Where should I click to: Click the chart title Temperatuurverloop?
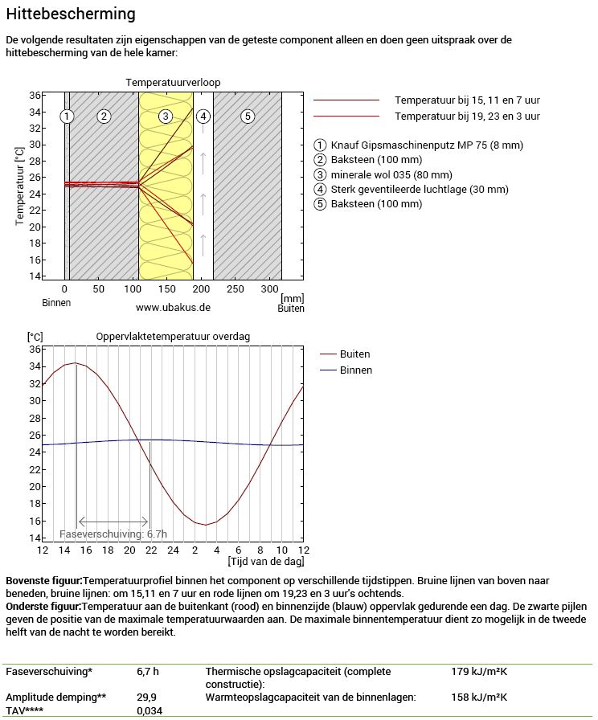click(x=173, y=82)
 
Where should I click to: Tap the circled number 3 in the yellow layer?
click(x=165, y=117)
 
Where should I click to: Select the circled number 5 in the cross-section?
click(x=248, y=117)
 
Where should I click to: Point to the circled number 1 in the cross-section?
click(x=68, y=117)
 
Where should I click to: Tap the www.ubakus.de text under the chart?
click(x=173, y=308)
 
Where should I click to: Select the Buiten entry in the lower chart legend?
click(x=354, y=354)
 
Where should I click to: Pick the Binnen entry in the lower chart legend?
click(x=355, y=370)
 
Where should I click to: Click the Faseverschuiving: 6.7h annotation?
click(x=113, y=534)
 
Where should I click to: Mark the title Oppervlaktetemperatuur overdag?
click(x=173, y=337)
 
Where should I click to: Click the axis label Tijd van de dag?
click(x=266, y=561)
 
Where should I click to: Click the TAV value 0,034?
click(x=149, y=711)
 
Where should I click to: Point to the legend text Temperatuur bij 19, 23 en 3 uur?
click(x=467, y=117)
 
